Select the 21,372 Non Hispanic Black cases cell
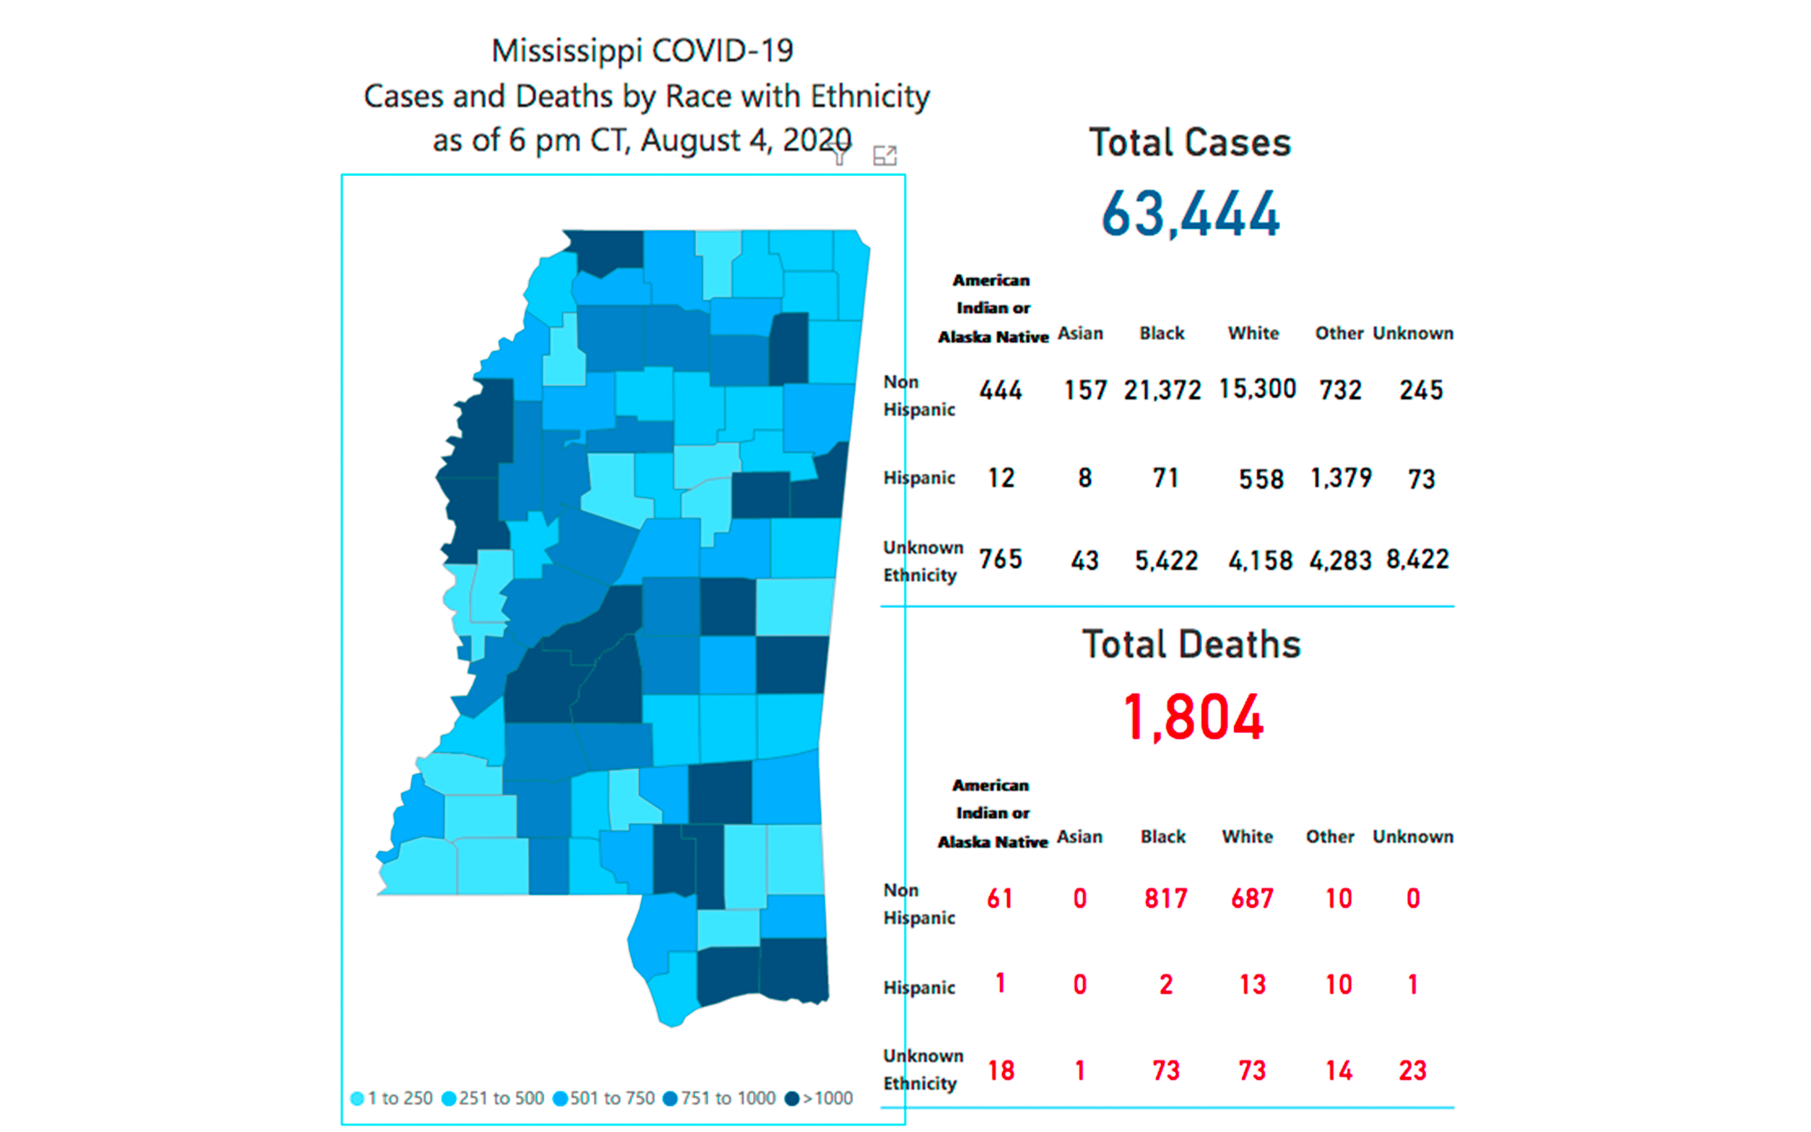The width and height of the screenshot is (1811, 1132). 1162,390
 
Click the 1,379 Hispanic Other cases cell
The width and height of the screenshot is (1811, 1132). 1341,477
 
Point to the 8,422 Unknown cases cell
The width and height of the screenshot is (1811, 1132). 1418,559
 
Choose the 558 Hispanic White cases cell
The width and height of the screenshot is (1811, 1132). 1261,479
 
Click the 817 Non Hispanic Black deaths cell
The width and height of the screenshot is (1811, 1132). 1165,899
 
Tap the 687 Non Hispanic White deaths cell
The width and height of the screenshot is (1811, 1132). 1252,899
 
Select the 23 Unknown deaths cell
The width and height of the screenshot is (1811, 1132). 1412,1071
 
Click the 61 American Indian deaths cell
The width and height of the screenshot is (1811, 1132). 1000,899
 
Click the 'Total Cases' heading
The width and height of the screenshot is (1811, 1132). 1190,142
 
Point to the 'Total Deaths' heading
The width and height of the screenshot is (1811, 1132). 1191,644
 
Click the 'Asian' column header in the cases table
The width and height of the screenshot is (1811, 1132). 1080,333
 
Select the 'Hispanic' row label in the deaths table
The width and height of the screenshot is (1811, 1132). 919,988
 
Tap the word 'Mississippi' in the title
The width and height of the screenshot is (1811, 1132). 566,51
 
